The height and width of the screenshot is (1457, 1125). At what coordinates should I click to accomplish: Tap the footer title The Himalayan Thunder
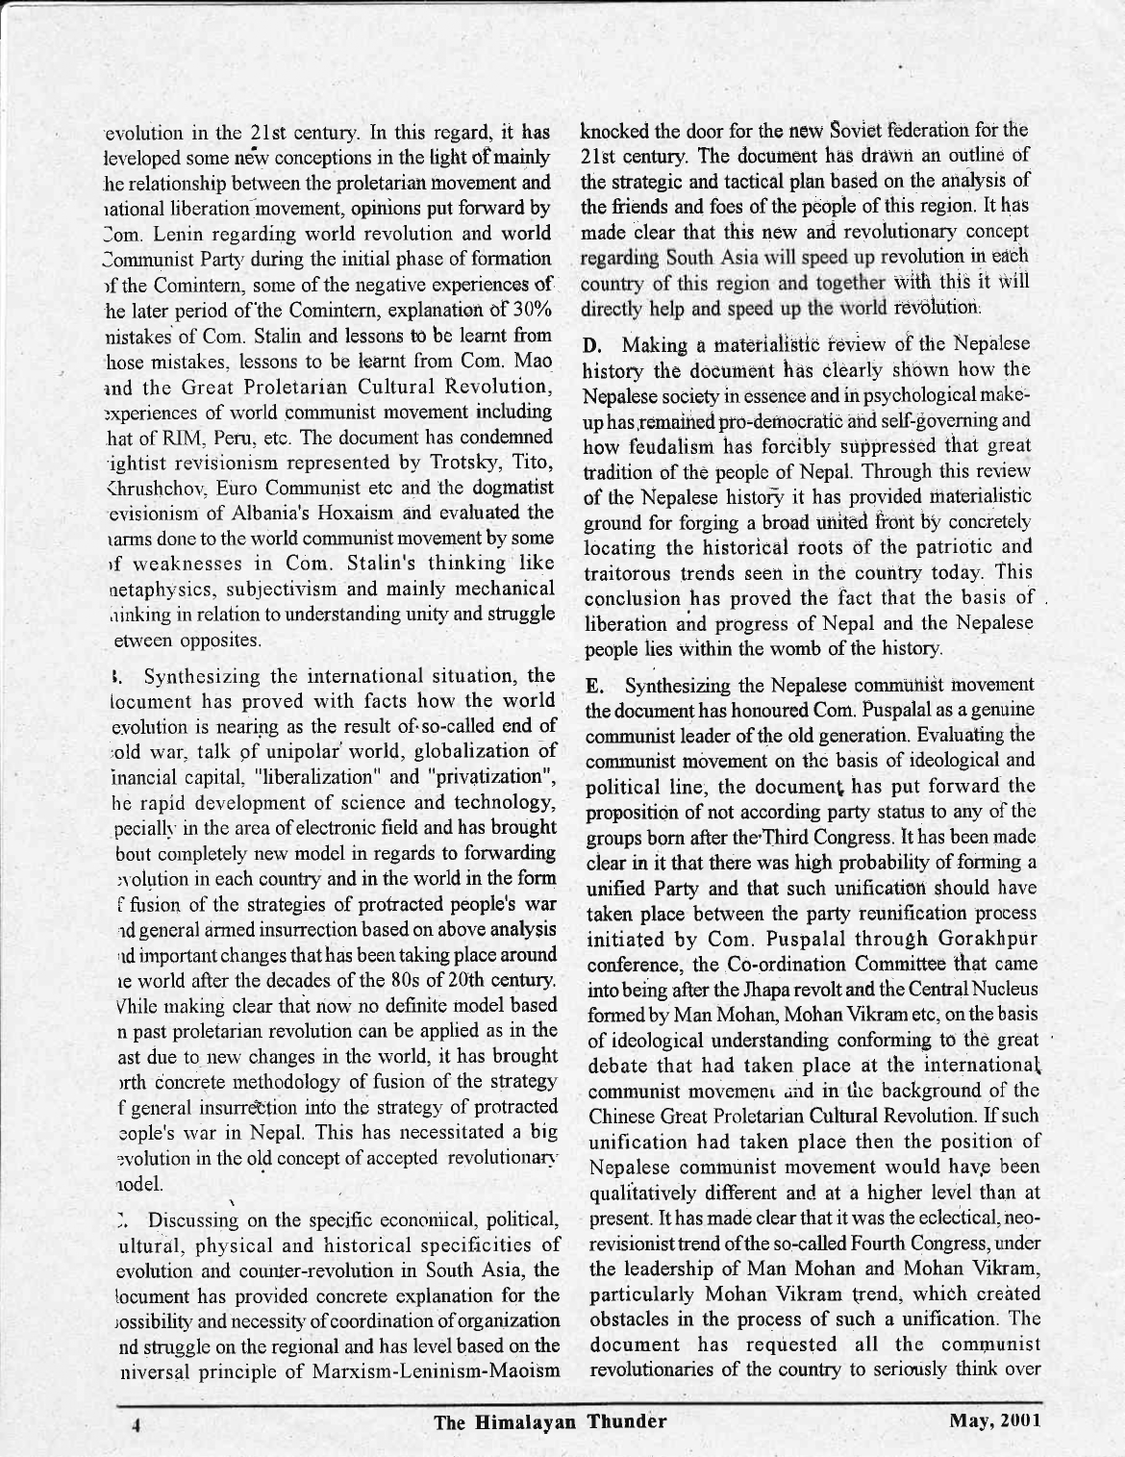click(551, 1419)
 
